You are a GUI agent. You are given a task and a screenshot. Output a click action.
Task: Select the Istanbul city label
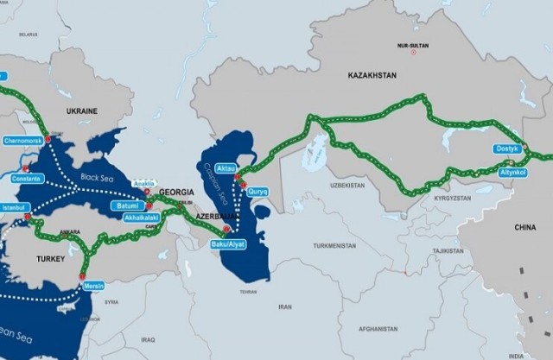[x=16, y=207]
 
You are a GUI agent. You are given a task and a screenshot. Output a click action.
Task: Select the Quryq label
[x=258, y=191]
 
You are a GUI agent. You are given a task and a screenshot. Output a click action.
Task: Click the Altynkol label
[x=513, y=173]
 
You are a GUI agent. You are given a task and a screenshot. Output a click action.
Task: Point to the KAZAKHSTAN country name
[x=372, y=76]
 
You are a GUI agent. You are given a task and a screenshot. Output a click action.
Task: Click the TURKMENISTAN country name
[x=334, y=245]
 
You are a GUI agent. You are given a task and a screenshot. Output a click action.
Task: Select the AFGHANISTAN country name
[x=376, y=328]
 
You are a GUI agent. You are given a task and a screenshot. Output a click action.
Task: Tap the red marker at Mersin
[x=83, y=276]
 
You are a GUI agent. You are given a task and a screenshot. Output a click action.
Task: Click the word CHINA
[x=524, y=227]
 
